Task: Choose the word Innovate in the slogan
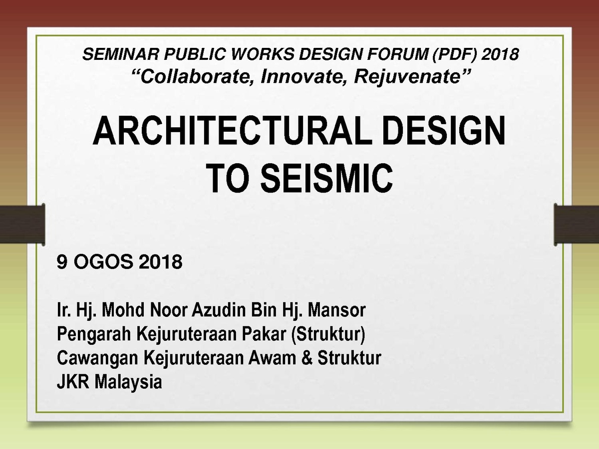[x=303, y=76]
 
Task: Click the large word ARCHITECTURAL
[x=232, y=131]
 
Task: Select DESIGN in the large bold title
[x=444, y=131]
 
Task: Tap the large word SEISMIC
[x=326, y=179]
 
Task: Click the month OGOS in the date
[x=103, y=262]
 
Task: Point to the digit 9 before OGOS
[x=62, y=262]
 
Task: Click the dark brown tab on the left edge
[x=22, y=224]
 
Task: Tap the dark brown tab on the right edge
[x=577, y=224]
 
